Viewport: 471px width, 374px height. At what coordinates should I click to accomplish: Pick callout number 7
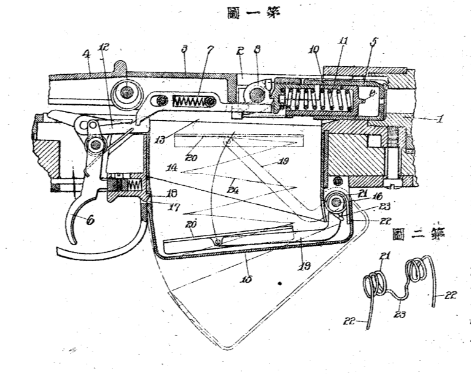pos(211,49)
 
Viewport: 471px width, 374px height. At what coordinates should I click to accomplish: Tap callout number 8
pos(258,49)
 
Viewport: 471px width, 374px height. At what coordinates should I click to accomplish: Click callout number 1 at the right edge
pos(440,119)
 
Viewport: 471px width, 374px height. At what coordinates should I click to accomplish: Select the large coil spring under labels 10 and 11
pos(314,99)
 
